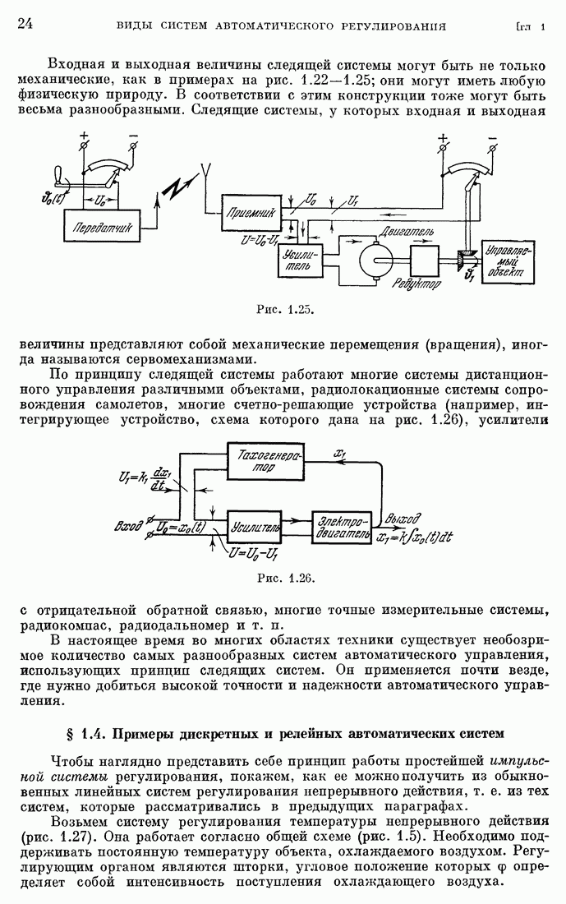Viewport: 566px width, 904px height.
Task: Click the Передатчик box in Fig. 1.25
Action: (103, 228)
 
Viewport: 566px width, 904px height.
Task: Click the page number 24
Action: (24, 24)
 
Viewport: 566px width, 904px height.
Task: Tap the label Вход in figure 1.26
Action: (130, 523)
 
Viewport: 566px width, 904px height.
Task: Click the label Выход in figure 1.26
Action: (404, 519)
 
